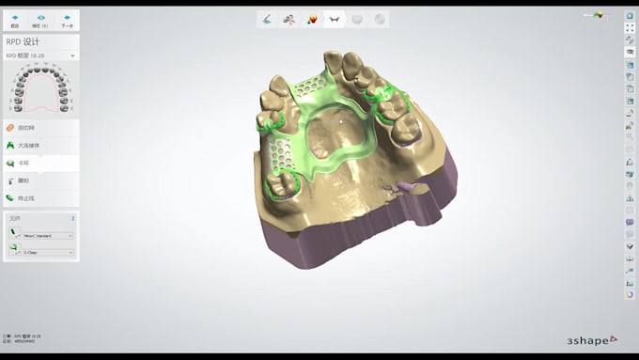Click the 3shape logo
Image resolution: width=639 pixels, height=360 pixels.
(592, 338)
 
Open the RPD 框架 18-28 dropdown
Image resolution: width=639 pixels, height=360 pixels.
(40, 55)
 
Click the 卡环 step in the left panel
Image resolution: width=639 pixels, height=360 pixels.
(24, 163)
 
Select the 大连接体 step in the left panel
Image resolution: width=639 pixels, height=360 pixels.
(28, 145)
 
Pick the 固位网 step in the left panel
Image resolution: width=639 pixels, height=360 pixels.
(26, 127)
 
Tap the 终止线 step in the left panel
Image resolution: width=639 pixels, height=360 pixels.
(26, 198)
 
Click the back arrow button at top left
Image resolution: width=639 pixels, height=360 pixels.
(15, 19)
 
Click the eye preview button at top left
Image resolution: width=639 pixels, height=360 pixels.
(41, 19)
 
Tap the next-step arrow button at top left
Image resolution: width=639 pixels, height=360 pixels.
(67, 19)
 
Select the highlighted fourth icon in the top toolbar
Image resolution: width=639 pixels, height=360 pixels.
(335, 19)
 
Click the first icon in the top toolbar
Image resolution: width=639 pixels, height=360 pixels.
(268, 19)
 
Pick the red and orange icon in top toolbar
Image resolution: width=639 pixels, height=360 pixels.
(312, 19)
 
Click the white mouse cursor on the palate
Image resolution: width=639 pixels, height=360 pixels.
(341, 120)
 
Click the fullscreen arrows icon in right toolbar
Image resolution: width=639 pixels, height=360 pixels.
(629, 28)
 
